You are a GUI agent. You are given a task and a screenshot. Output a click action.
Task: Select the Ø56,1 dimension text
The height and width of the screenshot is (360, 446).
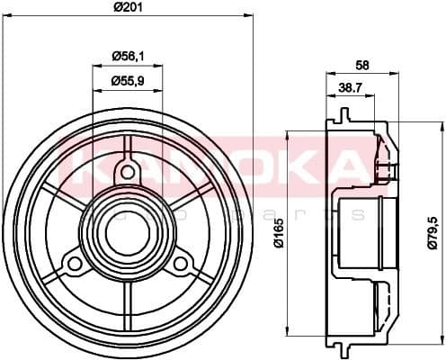pos(128,56)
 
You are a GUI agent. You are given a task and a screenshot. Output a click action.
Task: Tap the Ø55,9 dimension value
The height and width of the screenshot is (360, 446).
pos(128,81)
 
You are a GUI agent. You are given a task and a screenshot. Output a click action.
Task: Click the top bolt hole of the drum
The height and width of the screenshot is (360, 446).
pos(128,171)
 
